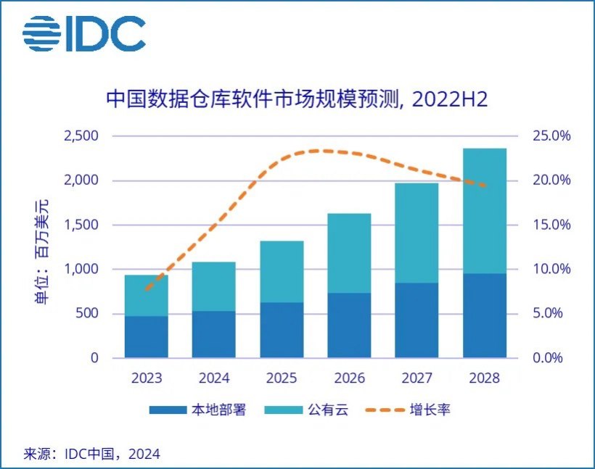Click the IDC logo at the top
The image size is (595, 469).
[83, 33]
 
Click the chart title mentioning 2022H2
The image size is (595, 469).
[297, 99]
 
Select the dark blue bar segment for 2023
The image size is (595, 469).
[147, 337]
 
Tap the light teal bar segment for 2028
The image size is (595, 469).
[485, 210]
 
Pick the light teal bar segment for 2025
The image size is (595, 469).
[282, 272]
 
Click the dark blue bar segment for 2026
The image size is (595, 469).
[349, 325]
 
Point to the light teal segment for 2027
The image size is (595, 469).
[416, 233]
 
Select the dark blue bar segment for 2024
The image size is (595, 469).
[214, 334]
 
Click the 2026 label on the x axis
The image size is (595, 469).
[349, 378]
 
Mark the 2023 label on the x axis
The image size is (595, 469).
[147, 378]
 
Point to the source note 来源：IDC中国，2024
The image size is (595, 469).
[92, 454]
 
